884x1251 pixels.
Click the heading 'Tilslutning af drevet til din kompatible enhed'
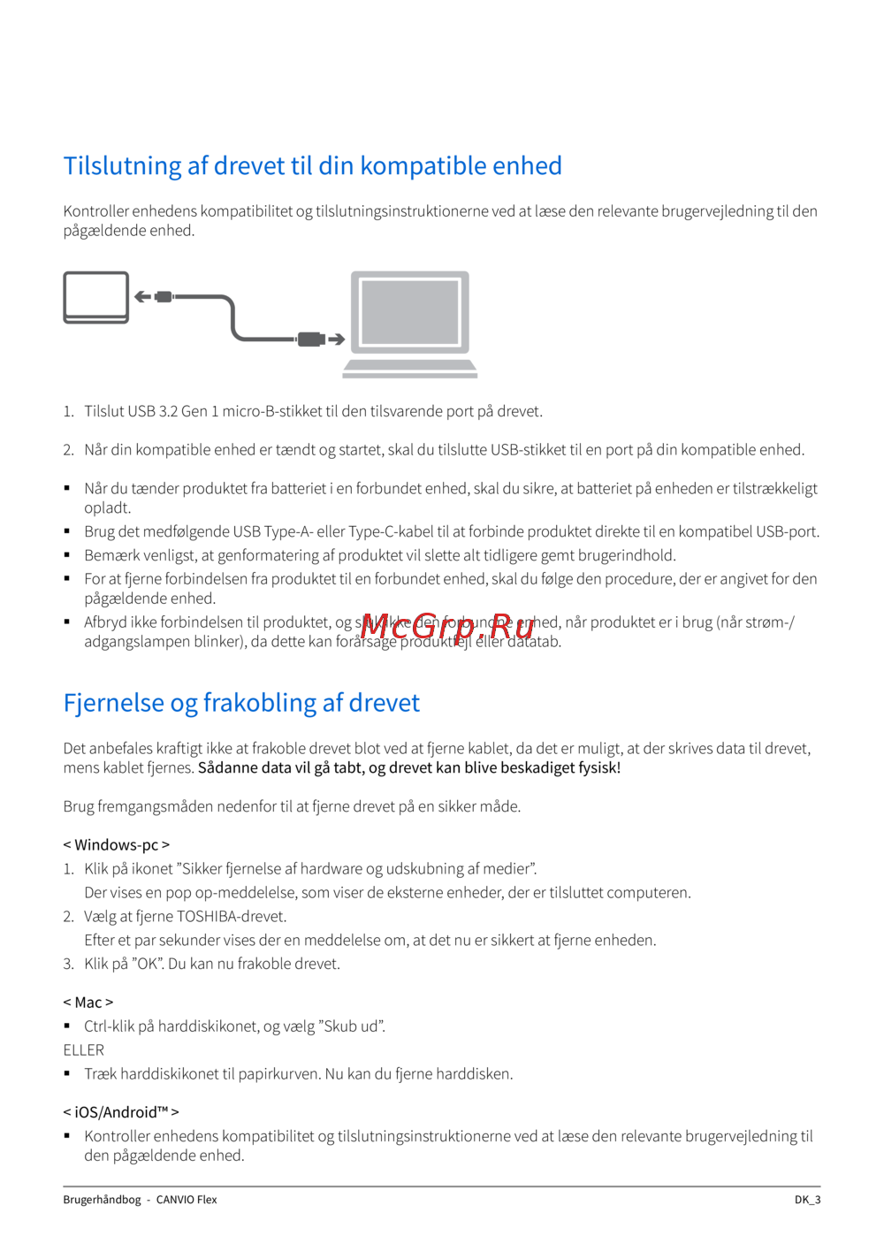(x=312, y=166)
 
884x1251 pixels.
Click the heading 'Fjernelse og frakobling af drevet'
(x=241, y=703)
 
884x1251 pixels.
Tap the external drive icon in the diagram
(x=96, y=297)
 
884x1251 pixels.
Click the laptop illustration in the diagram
(x=410, y=324)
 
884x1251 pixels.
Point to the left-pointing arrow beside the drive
(x=142, y=297)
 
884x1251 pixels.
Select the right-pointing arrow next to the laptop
(x=336, y=339)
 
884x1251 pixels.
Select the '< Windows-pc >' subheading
(x=116, y=845)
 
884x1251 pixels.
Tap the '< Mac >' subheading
(x=88, y=1003)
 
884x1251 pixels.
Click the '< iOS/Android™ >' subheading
(x=120, y=1112)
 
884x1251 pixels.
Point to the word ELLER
(x=83, y=1050)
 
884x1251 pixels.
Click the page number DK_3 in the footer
(x=807, y=1200)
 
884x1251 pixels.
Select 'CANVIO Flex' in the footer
(x=187, y=1200)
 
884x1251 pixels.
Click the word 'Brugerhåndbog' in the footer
(x=102, y=1200)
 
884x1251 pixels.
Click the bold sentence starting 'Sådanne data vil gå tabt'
(x=409, y=768)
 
